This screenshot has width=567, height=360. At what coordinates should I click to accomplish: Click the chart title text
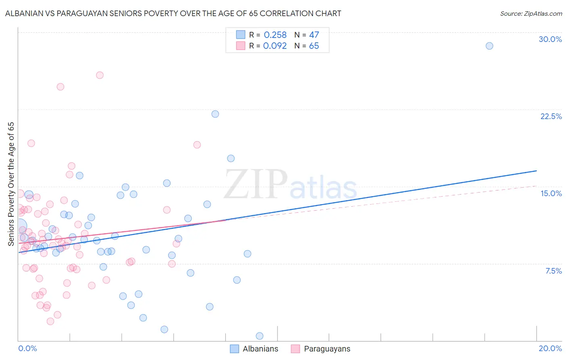(173, 13)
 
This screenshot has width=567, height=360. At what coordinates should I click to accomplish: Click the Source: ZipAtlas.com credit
(531, 13)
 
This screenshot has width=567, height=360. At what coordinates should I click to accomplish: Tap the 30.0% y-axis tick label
(550, 39)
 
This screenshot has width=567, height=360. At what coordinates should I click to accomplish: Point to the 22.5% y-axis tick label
(551, 116)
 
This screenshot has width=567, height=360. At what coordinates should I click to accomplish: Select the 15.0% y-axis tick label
(551, 193)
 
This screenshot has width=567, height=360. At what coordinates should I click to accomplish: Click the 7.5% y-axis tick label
(553, 271)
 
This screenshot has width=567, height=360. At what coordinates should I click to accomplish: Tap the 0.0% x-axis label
(27, 348)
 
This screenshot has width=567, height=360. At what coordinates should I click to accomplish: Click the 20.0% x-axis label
(550, 348)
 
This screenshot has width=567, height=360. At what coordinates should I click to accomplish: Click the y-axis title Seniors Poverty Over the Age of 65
(11, 184)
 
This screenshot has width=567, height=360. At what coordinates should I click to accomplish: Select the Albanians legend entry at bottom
(254, 349)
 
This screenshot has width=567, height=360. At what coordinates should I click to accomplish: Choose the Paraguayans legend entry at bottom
(321, 349)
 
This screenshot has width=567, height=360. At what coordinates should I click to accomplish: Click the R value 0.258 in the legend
(275, 35)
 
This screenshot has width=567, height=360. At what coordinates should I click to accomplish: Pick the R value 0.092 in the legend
(275, 46)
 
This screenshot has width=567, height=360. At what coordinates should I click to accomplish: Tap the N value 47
(314, 35)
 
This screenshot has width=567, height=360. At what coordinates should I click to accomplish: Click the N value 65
(314, 46)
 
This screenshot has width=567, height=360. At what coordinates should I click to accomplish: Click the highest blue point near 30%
(489, 46)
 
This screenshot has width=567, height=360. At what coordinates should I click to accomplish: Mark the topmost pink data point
(100, 75)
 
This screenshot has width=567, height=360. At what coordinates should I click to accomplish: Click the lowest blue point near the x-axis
(259, 336)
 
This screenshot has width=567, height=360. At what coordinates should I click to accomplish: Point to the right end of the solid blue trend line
(536, 171)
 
